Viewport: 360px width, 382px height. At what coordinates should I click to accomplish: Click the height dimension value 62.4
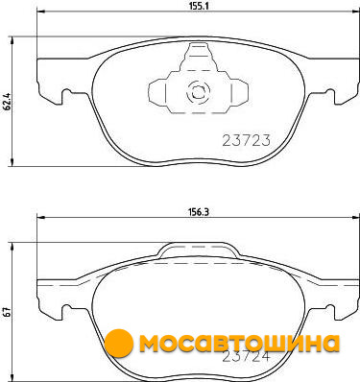click(9, 102)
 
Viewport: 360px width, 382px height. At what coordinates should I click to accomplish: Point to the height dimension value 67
click(9, 312)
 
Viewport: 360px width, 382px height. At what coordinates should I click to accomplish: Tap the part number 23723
click(247, 140)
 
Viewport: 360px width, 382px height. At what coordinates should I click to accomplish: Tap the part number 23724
click(247, 357)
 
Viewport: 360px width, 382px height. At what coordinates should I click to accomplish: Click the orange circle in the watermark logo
click(119, 343)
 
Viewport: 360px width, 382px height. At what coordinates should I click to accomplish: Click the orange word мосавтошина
click(239, 344)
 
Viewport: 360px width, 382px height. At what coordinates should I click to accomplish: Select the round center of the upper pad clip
click(198, 91)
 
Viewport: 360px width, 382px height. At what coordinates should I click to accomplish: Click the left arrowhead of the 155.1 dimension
click(41, 12)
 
